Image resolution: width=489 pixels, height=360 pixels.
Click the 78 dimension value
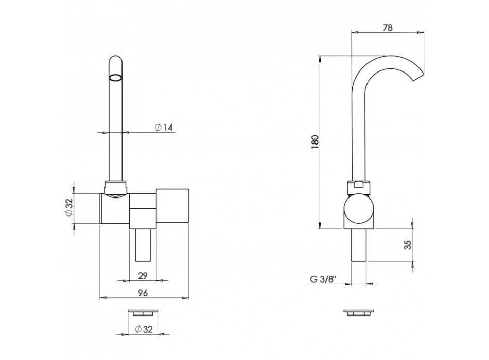(387, 27)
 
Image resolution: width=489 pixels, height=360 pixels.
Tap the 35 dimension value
(408, 245)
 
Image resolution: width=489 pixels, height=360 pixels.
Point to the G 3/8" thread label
(324, 279)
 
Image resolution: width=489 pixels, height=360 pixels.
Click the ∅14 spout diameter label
(164, 127)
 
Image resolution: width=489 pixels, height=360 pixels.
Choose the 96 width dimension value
(143, 293)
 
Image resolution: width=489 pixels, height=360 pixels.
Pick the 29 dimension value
(143, 276)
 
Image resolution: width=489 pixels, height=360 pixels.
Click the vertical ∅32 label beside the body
(69, 208)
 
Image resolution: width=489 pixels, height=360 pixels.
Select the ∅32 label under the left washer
(144, 329)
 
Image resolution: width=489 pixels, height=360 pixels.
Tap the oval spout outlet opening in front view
(115, 78)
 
